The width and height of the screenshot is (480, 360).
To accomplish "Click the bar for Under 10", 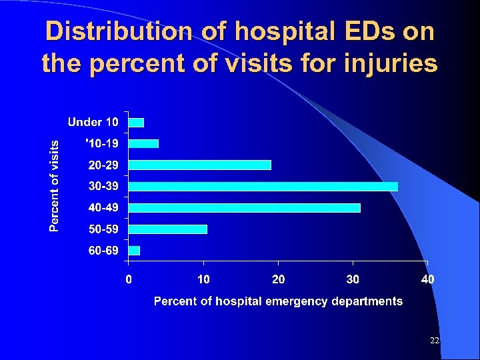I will (x=136, y=122).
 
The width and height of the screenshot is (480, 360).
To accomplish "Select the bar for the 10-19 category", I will (x=143, y=143).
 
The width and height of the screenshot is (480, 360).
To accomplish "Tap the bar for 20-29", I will (x=199, y=165).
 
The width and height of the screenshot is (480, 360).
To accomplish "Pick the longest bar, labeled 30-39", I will (x=263, y=186).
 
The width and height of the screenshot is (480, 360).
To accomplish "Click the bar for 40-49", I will (x=244, y=208).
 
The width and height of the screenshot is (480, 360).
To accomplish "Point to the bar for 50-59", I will (x=167, y=229).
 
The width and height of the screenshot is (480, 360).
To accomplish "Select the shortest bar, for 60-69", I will (x=134, y=251).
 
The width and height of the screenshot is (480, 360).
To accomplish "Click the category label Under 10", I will (x=93, y=122).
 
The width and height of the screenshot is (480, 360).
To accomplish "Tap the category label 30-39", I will (x=103, y=186).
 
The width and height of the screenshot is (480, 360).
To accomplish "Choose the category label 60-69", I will (x=103, y=251).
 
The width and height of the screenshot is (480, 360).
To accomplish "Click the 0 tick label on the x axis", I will (x=129, y=279).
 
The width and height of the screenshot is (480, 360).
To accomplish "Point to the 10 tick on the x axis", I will (x=203, y=279).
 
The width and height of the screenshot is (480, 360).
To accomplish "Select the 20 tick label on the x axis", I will (x=279, y=279).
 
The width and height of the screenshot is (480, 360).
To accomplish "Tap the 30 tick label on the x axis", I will (x=353, y=279).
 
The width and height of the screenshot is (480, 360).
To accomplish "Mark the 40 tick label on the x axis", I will (x=427, y=279).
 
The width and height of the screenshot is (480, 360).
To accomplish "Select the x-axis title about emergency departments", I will (x=278, y=301).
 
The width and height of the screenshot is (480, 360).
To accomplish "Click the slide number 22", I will (x=435, y=341).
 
